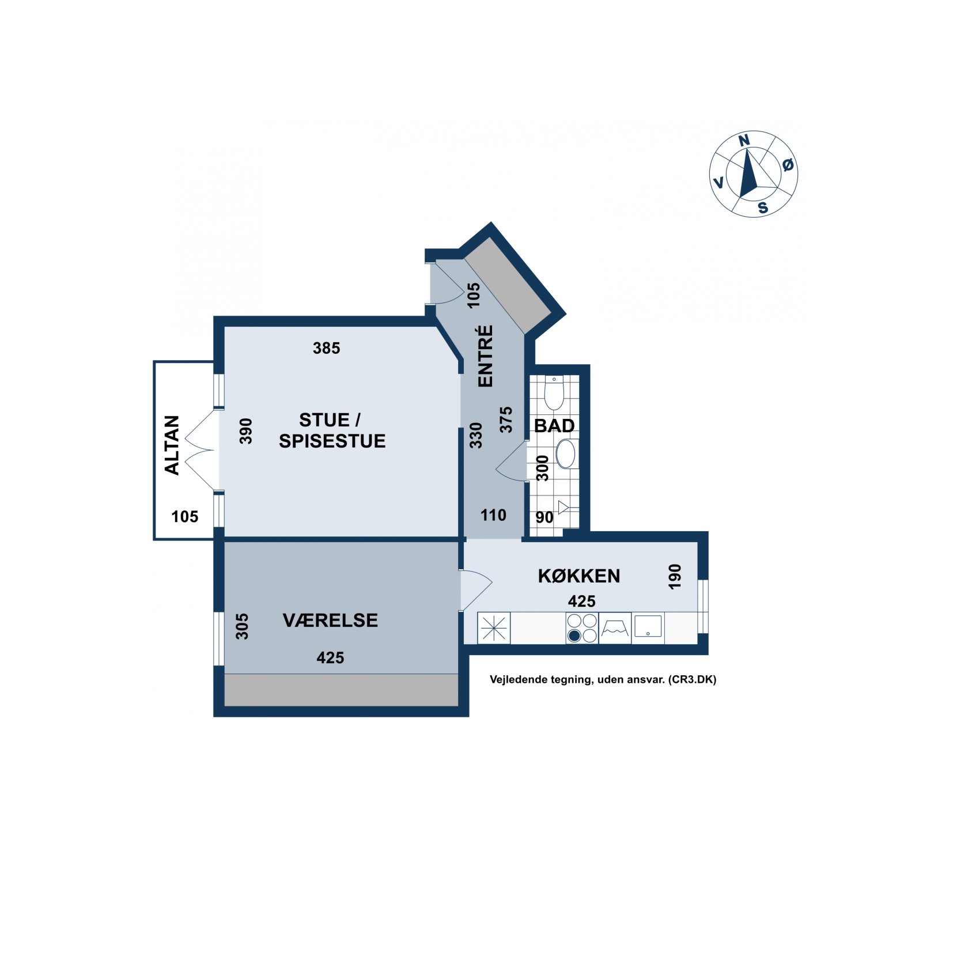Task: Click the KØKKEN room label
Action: tap(578, 576)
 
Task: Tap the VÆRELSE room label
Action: tap(330, 620)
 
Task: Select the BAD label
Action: tap(554, 426)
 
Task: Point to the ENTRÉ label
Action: tap(486, 356)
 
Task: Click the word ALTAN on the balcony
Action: tap(172, 445)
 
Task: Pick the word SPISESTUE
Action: tap(332, 441)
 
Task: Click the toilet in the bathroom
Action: tap(554, 392)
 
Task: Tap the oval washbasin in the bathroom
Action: tap(566, 454)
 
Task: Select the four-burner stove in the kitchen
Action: tap(582, 627)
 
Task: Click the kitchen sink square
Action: tap(648, 626)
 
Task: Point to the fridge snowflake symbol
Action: tap(494, 627)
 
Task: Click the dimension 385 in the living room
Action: tap(327, 348)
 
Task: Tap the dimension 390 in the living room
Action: tap(246, 431)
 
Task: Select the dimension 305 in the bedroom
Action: tap(242, 626)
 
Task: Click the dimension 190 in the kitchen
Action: tap(675, 576)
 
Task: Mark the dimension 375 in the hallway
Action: tap(505, 419)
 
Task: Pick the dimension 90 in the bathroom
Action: tap(544, 517)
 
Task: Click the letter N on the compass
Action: tap(744, 140)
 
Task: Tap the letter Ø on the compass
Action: tap(788, 165)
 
